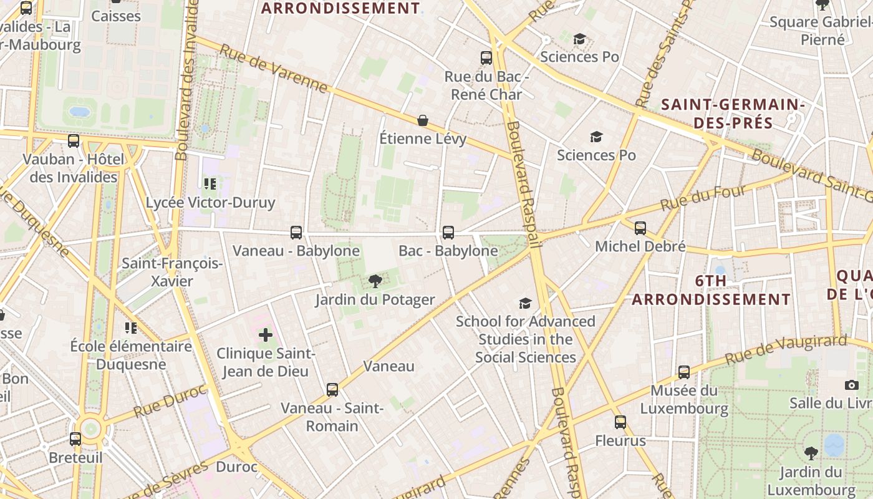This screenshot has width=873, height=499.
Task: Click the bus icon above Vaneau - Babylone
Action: (x=296, y=233)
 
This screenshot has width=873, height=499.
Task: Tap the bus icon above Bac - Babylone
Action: (x=448, y=233)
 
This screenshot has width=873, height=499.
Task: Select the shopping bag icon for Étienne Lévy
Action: (x=423, y=120)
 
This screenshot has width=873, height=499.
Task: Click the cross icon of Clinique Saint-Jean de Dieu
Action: (x=266, y=335)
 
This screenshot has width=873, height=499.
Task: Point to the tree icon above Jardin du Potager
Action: (x=375, y=281)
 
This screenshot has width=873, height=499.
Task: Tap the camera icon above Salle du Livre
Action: (x=852, y=385)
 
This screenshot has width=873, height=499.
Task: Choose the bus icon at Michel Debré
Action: (x=640, y=228)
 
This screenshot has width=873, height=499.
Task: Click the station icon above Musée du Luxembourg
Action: (x=684, y=372)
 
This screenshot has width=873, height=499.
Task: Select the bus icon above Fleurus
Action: (x=620, y=422)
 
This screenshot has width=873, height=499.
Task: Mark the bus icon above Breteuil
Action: (x=75, y=439)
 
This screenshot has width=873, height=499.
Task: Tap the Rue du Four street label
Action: (x=703, y=197)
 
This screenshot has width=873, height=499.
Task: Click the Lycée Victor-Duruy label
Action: (x=210, y=203)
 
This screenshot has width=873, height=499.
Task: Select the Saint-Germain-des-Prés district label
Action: (x=733, y=113)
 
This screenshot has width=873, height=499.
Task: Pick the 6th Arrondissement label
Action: (x=711, y=290)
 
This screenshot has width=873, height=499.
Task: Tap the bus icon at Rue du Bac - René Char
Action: (x=486, y=58)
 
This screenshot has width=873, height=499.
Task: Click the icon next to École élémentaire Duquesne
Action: (x=130, y=327)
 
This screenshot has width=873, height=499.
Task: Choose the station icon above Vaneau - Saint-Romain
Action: (x=332, y=390)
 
